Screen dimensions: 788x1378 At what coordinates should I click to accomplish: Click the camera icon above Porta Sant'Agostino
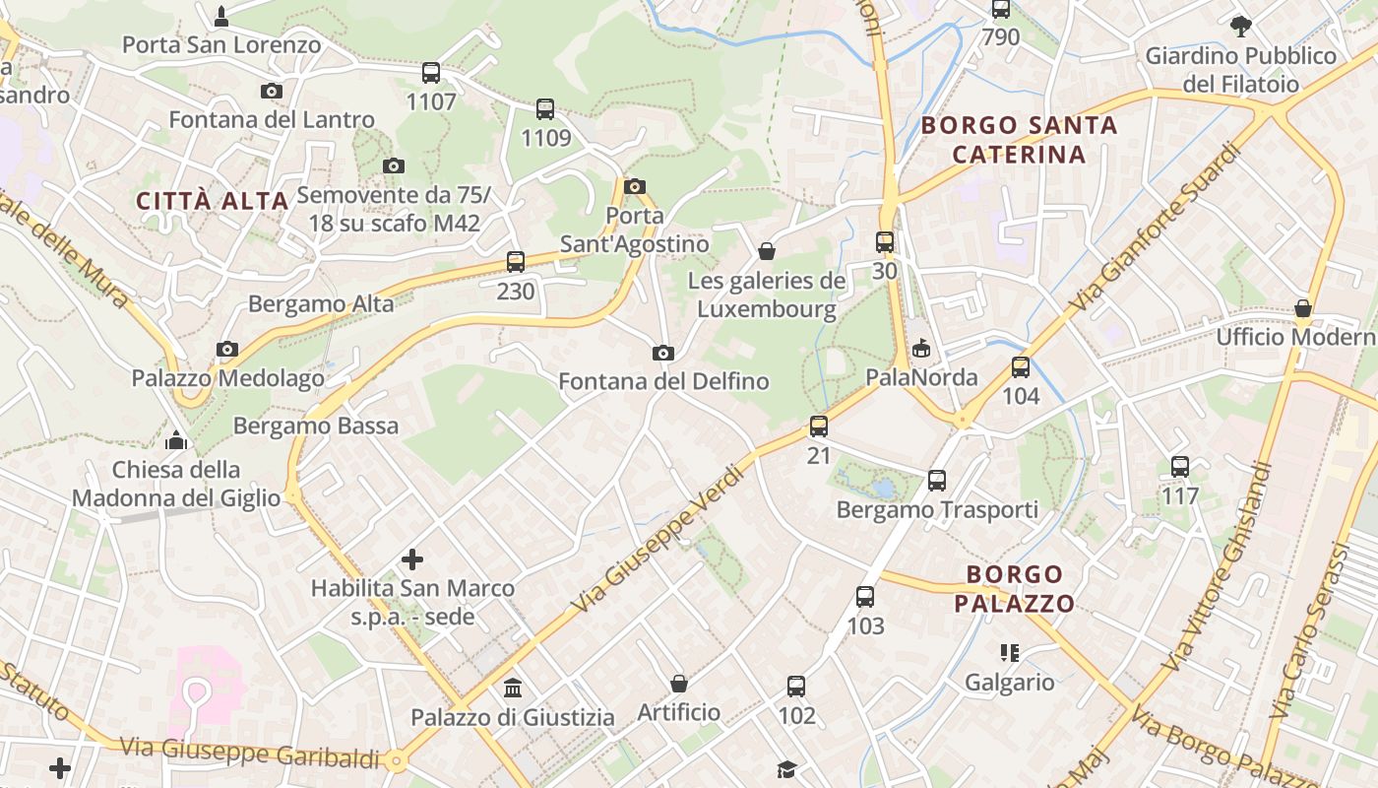(635, 186)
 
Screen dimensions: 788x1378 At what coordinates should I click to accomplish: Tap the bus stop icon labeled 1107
(431, 72)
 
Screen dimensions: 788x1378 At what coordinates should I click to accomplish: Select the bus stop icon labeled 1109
(545, 109)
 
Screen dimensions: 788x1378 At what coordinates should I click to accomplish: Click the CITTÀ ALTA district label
(213, 201)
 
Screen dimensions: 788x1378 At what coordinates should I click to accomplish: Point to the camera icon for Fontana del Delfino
(663, 353)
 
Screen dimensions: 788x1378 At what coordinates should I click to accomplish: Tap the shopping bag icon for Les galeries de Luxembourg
(767, 251)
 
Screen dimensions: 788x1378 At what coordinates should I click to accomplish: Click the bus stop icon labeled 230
(516, 262)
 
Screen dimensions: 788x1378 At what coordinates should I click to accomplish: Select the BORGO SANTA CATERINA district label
(1020, 140)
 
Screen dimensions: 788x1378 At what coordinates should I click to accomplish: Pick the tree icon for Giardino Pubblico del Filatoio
(1240, 26)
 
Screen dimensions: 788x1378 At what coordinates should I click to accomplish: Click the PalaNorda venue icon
(921, 348)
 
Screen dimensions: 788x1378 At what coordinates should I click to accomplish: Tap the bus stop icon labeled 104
(1021, 367)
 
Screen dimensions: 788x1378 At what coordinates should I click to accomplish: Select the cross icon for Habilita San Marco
(412, 560)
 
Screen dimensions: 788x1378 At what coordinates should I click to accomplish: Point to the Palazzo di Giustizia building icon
(513, 688)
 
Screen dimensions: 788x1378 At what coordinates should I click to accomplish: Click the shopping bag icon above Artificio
(679, 683)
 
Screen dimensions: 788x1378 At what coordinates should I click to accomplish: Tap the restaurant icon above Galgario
(1009, 652)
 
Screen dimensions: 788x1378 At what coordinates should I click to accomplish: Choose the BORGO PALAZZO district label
(1014, 589)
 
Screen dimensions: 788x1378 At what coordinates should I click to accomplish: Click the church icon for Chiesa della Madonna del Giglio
(176, 439)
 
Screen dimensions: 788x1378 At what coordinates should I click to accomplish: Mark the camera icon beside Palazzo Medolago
(227, 349)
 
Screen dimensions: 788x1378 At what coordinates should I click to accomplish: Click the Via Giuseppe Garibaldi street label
(250, 753)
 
